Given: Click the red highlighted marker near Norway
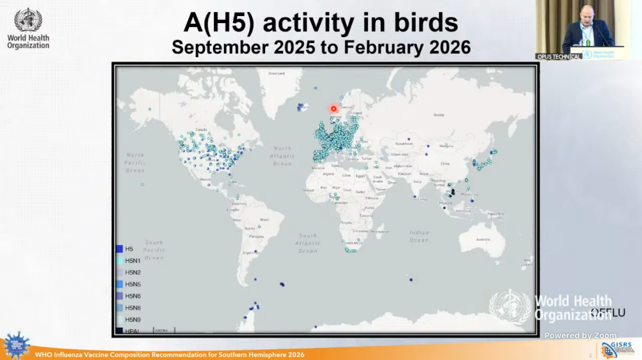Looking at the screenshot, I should pos(333,108).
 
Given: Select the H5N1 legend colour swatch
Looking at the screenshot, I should pos(119,261).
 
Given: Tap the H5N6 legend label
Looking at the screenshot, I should pos(133,296).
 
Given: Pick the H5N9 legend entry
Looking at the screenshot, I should pos(133,319).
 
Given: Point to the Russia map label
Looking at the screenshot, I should pos(438,115).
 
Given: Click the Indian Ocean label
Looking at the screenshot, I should pos(419,236).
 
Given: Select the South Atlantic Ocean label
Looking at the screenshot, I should pos(308,243).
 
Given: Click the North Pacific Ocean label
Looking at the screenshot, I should pos(135,162).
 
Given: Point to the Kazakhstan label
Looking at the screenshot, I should pos(404,144).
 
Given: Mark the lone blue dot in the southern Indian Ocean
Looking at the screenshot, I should pos(411,279).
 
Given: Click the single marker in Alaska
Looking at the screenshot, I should pos(149,110).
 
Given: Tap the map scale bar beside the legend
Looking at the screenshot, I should pos(164,330).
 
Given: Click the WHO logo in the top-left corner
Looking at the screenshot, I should pos(28,29).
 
